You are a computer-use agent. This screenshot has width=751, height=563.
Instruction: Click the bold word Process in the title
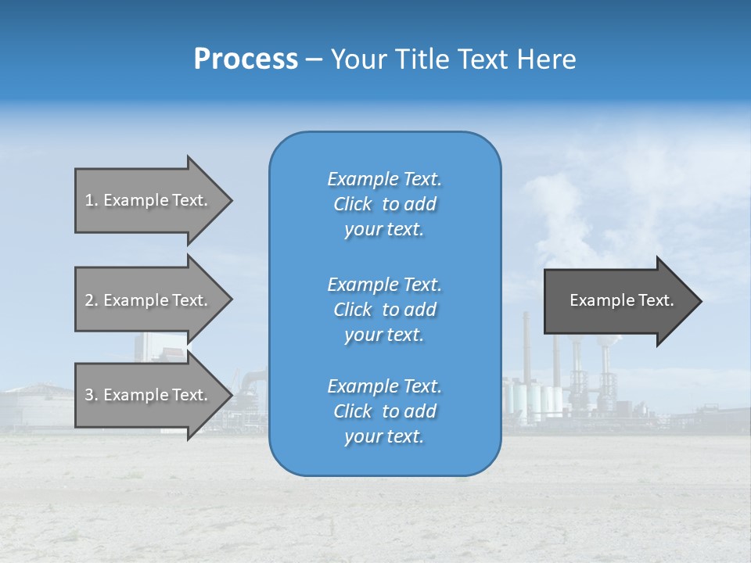[246, 59]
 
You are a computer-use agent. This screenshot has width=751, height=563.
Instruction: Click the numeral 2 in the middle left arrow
[89, 300]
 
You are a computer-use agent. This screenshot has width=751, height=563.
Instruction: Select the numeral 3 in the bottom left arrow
[89, 395]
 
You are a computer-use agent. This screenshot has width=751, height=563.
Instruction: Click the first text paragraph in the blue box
[384, 204]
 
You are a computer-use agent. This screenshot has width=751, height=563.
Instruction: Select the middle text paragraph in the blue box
[384, 310]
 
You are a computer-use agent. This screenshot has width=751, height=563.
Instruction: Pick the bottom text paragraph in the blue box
[384, 411]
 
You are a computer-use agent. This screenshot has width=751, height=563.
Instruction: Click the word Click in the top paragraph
[353, 204]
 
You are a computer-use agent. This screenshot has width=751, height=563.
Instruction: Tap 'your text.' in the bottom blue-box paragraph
[384, 436]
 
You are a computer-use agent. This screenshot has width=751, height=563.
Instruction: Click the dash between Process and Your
[314, 59]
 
